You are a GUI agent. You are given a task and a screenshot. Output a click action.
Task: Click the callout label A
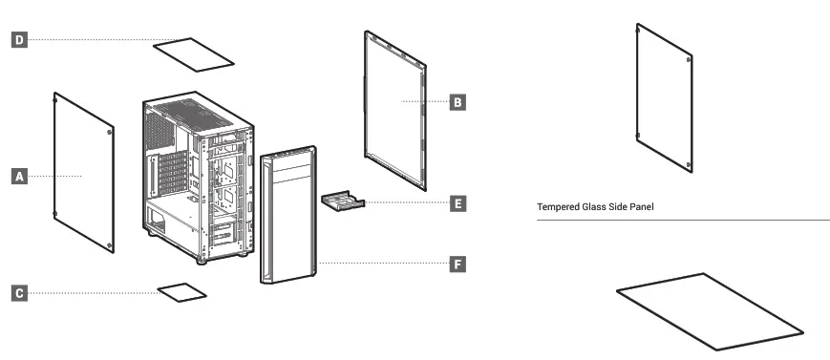[19, 176]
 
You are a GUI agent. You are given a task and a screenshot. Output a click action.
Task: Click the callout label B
[458, 100]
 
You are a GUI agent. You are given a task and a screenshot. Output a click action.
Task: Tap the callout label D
[19, 39]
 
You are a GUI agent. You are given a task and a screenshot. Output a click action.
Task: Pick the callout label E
[458, 203]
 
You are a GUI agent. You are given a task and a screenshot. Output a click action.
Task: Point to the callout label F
[458, 263]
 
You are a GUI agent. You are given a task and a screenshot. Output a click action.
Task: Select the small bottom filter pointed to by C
[182, 290]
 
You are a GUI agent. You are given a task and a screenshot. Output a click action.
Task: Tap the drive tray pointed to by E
[344, 201]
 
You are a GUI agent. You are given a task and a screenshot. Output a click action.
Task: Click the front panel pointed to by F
[288, 215]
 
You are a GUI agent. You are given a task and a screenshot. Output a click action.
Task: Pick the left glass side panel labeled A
[84, 172]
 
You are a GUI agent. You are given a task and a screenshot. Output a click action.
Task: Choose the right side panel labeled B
[395, 107]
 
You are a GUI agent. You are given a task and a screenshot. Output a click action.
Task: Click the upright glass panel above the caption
[664, 97]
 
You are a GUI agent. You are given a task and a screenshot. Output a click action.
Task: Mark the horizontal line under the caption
[683, 221]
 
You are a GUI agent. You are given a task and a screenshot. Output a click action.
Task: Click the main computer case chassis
[198, 177]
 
